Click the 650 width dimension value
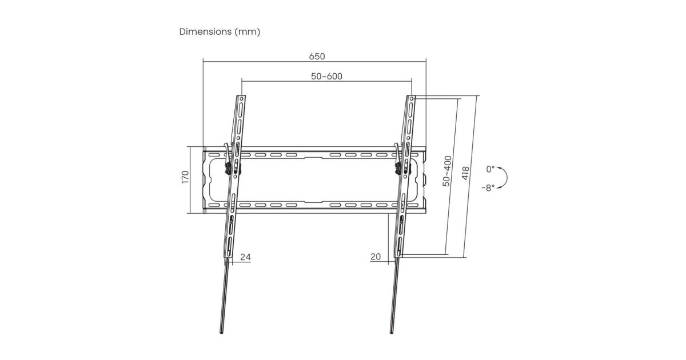pos(317,57)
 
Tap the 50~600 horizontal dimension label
pos(326,76)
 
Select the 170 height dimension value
pos(185,177)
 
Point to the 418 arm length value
pos(465,173)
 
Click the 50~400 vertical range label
pos(447,171)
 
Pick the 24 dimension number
pos(245,257)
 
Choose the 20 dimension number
pos(376,257)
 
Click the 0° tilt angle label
pos(490,169)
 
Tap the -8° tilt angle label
pos(488,187)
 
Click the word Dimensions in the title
pos(205,31)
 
